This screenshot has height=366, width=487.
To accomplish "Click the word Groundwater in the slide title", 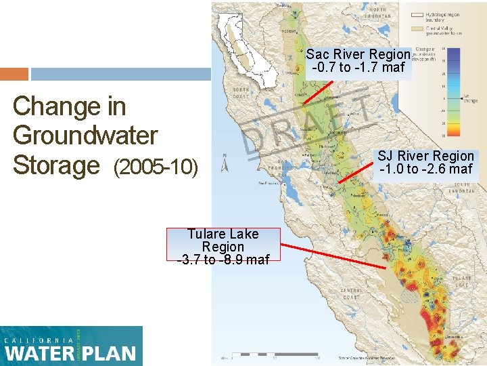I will [85, 136].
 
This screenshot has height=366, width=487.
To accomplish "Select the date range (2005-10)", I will [156, 166].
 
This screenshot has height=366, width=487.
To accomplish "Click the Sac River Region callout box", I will [358, 60].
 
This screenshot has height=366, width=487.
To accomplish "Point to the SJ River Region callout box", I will [426, 162].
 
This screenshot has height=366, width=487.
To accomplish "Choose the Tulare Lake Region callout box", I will [223, 246].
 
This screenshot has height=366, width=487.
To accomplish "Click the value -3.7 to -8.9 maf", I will [223, 260].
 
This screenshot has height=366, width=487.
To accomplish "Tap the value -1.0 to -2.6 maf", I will [426, 169].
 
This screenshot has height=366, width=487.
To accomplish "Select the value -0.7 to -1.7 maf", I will [358, 67].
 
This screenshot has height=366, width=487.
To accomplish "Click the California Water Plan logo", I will [71, 346].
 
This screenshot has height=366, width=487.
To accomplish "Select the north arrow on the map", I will [225, 163].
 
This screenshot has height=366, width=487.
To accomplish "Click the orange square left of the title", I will [14, 74].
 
